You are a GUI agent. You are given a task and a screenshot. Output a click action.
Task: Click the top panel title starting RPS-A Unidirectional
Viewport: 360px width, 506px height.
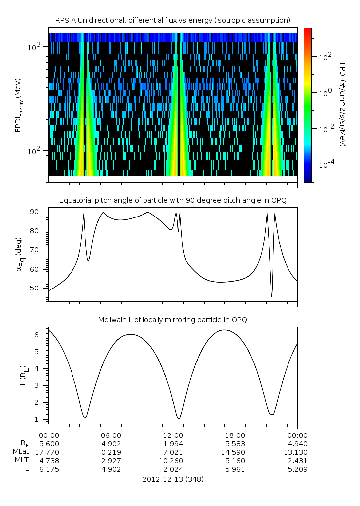172,20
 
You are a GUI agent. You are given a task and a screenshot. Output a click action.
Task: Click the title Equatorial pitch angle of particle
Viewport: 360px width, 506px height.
172,200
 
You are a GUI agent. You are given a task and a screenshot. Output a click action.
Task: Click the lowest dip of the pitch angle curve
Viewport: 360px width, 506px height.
271,296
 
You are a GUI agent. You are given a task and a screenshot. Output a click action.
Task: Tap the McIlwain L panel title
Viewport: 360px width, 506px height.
172,320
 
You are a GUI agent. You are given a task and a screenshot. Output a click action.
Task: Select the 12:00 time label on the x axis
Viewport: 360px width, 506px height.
173,434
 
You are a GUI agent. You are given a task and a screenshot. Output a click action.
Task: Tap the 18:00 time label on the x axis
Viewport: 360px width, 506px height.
235,434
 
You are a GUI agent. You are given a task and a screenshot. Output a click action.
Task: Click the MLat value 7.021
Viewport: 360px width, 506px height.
173,452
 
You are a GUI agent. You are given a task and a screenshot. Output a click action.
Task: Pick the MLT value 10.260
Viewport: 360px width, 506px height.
173,460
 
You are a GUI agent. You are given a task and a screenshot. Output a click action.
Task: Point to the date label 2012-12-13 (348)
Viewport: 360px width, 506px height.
172,479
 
